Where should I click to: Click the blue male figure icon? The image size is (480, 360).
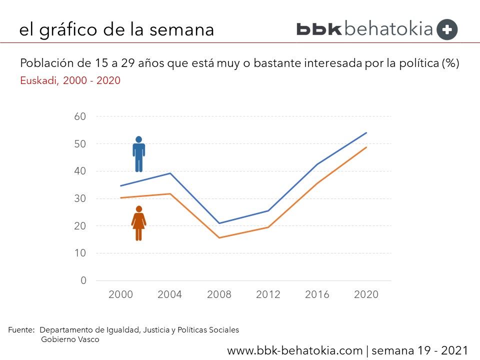[139, 154]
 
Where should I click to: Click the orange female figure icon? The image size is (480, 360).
[138, 223]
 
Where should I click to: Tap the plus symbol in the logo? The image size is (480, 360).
[447, 29]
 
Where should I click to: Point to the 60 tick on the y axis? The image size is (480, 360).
[80, 116]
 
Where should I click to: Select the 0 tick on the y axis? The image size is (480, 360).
[83, 280]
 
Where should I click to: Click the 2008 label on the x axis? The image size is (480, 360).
[219, 294]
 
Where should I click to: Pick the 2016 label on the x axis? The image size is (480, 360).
[317, 294]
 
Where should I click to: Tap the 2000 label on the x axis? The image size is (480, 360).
[121, 294]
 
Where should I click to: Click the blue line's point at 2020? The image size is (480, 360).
[366, 132]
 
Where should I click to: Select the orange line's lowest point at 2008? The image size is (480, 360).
[219, 237]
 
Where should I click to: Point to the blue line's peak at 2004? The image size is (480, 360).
[170, 173]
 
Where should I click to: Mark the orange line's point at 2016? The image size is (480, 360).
[317, 183]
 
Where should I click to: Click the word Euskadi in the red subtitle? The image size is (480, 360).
[38, 80]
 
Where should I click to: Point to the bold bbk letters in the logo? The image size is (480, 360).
[319, 28]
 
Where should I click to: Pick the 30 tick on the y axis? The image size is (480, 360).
[80, 198]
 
